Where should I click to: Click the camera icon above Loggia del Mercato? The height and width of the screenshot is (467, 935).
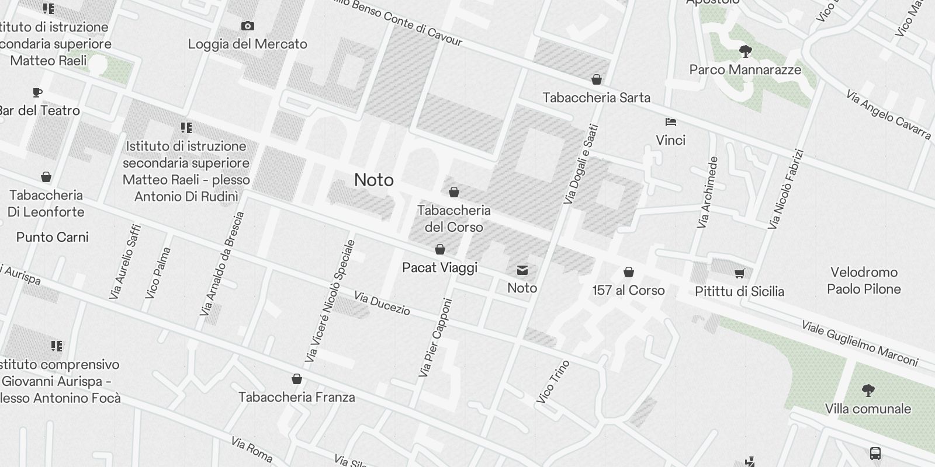(247, 26)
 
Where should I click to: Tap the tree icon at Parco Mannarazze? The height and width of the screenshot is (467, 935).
(745, 51)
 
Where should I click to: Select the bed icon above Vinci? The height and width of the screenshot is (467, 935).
(670, 122)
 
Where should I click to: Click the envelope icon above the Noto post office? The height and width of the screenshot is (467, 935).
(522, 270)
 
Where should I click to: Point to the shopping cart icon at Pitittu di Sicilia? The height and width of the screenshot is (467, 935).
(739, 273)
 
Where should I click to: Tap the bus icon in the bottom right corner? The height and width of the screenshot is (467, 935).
(875, 453)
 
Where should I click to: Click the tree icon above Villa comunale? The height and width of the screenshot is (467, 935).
(868, 390)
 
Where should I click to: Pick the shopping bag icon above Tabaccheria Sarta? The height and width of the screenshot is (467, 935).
(596, 79)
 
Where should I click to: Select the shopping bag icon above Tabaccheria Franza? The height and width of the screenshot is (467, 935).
(296, 379)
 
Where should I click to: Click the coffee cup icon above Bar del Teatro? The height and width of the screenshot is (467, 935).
(37, 92)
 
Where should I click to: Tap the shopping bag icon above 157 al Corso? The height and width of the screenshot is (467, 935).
(628, 272)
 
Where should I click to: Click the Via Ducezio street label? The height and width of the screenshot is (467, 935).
(382, 304)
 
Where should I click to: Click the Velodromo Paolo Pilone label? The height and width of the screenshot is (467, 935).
(864, 280)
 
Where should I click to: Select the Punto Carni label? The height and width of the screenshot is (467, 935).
(53, 237)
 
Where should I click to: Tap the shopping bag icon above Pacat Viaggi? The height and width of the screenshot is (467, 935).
(440, 249)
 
